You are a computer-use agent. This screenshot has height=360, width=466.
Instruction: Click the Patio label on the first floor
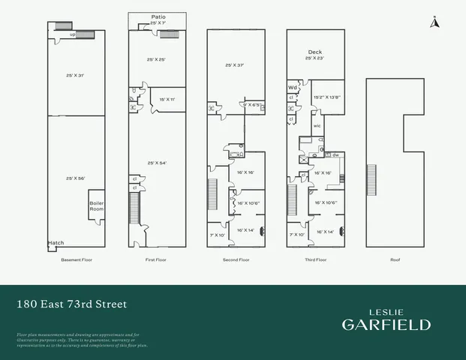(x=158, y=16)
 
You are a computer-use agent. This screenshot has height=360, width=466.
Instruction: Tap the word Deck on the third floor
(x=314, y=52)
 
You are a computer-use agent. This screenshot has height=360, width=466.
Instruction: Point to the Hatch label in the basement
(x=56, y=243)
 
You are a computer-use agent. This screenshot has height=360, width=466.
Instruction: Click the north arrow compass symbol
(x=433, y=22)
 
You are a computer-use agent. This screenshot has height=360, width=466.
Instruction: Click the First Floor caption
(x=156, y=259)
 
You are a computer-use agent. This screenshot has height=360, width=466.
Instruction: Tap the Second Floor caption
(x=235, y=259)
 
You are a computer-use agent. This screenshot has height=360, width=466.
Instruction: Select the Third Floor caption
(x=315, y=259)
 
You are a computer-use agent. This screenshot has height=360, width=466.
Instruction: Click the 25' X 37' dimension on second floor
(x=236, y=65)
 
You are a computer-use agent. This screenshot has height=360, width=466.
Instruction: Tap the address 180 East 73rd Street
(x=72, y=304)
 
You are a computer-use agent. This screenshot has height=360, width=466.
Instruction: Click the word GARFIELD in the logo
(x=386, y=325)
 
